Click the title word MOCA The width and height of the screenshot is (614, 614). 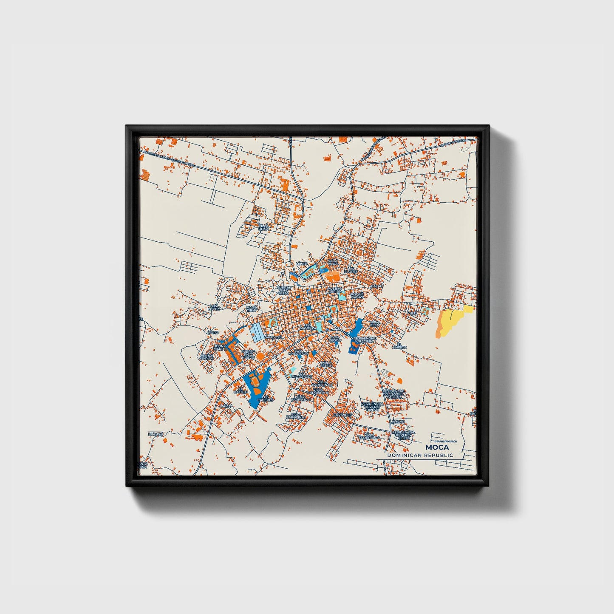tap(437, 447)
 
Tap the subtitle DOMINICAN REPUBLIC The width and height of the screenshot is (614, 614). tap(420, 455)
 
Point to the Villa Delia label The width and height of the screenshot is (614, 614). tap(263, 227)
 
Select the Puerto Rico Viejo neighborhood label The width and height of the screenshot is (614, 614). tap(284, 290)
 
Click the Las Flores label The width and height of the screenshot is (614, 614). tap(351, 270)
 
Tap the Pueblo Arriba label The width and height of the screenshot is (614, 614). tap(335, 290)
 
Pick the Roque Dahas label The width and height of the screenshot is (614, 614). tap(357, 295)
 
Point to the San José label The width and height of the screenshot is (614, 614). tap(273, 337)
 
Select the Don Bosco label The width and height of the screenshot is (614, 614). tap(335, 339)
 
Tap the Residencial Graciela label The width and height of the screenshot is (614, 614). tap(365, 340)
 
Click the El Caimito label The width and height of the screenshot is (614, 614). tap(399, 346)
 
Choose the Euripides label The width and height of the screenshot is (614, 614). tap(342, 414)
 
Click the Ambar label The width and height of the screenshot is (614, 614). tap(399, 422)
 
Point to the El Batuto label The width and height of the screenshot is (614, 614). tap(241, 390)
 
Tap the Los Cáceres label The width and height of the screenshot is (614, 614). tap(265, 398)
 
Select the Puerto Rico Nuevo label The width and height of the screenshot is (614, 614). tap(248, 354)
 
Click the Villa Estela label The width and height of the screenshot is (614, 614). tap(326, 364)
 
